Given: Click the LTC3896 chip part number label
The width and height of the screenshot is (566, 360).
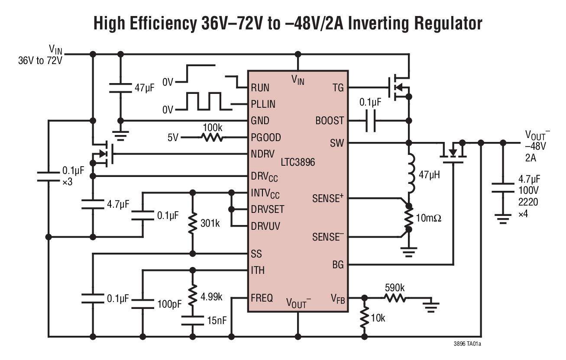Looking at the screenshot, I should pyautogui.click(x=298, y=163).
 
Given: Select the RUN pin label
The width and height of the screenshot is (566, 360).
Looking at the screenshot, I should pyautogui.click(x=260, y=88).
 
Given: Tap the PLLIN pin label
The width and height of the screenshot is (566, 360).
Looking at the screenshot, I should pyautogui.click(x=263, y=104).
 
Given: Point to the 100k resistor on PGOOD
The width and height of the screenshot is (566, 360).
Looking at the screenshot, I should pyautogui.click(x=212, y=138).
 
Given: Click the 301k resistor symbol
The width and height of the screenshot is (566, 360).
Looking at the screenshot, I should pyautogui.click(x=192, y=223).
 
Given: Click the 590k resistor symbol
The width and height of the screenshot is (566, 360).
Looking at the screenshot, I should pyautogui.click(x=394, y=298).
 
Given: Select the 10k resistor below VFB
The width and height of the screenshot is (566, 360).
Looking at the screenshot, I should pyautogui.click(x=365, y=318).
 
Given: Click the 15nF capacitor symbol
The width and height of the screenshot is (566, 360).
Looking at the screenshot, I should pyautogui.click(x=192, y=321).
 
